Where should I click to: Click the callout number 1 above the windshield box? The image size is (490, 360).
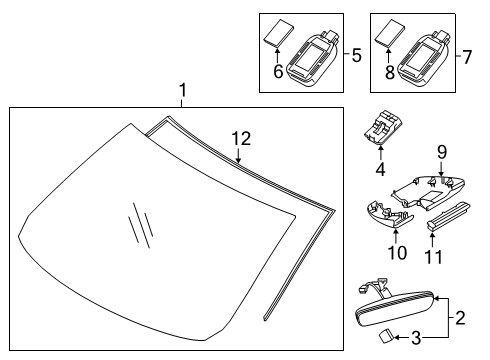click(182, 90)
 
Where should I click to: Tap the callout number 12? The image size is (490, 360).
click(241, 139)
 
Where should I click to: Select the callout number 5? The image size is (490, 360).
click(356, 55)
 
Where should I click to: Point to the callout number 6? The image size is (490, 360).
click(278, 71)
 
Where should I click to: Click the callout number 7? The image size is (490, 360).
click(467, 57)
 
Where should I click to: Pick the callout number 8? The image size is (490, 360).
click(389, 72)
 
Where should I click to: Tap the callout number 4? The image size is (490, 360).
click(380, 169)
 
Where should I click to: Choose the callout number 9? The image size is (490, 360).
click(442, 152)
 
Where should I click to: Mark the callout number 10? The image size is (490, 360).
click(397, 253)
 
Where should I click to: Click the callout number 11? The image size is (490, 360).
click(433, 257)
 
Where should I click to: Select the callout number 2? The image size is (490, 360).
click(460, 318)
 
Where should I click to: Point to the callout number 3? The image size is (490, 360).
click(416, 338)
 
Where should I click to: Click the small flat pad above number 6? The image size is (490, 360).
click(279, 34)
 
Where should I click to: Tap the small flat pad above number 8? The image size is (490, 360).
click(390, 34)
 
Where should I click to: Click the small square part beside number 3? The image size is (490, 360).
click(387, 336)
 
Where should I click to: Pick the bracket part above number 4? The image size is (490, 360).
click(383, 127)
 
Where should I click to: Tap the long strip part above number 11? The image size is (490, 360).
click(449, 216)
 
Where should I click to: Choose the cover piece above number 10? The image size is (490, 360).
click(390, 215)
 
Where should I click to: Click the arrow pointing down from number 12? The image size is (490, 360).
click(238, 155)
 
